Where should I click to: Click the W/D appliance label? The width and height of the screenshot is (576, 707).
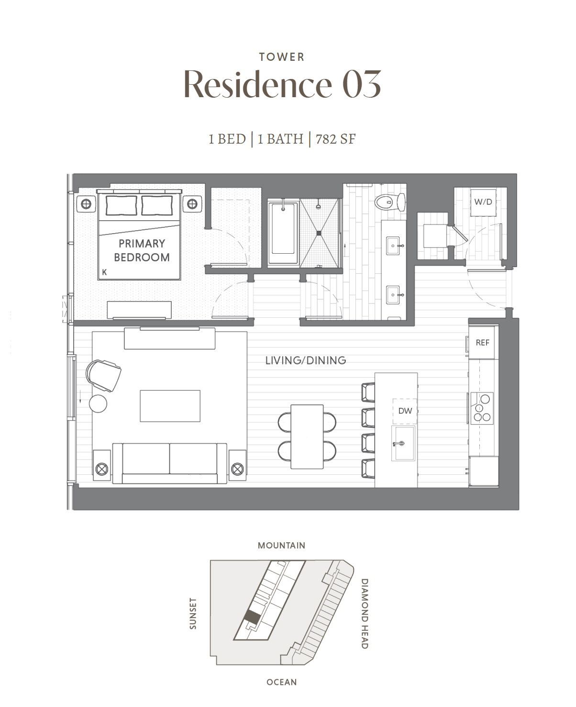pos(483,202)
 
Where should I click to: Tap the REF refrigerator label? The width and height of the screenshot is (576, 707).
pos(482,343)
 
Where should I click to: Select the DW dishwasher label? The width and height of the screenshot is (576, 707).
pos(405,411)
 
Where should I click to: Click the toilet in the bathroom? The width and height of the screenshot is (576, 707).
pos(390,202)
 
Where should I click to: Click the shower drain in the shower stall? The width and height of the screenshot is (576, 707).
pos(319,233)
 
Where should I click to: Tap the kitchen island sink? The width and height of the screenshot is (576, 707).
pos(403,443)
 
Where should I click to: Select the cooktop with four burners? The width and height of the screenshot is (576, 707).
pos(482,408)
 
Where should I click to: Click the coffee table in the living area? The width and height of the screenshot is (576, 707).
pos(170,406)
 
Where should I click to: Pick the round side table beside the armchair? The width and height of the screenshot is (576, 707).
pos(98,404)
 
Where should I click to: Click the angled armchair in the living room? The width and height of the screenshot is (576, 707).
pos(103,376)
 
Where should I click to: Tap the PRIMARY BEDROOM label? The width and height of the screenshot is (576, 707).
pos(142,251)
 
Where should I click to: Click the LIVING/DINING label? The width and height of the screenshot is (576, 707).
pos(306,360)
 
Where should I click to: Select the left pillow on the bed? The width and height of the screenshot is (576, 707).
pos(121,205)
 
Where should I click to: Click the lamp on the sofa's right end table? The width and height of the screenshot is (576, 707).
pos(237,470)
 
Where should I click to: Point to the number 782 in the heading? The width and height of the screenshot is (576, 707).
pos(326,139)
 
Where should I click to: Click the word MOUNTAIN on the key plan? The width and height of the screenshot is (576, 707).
pos(281,545)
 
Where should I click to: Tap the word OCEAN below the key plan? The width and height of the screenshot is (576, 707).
pos(282,682)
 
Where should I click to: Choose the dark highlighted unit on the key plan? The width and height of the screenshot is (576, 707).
pos(252,617)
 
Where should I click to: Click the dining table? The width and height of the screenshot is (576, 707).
pos(307,437)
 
